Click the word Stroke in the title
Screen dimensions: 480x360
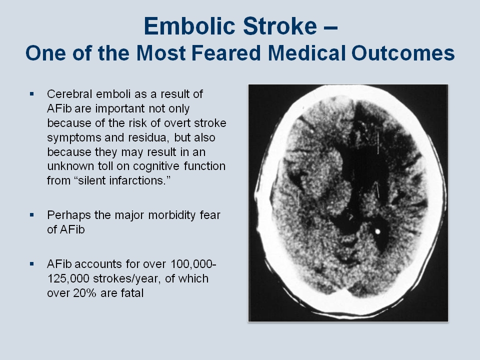click(280, 26)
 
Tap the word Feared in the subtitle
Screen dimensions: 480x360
click(226, 53)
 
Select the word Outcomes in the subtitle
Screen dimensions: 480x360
click(403, 53)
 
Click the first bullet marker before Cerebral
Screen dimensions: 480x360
click(32, 93)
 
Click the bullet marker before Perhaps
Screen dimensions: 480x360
click(32, 215)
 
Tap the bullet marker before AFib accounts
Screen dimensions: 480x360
click(32, 263)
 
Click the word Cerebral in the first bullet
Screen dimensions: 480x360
click(69, 94)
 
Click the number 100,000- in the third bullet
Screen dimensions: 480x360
click(193, 264)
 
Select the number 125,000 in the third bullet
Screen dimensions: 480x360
click(68, 279)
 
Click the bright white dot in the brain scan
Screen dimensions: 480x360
click(377, 231)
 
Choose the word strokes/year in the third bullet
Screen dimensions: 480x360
click(126, 279)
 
